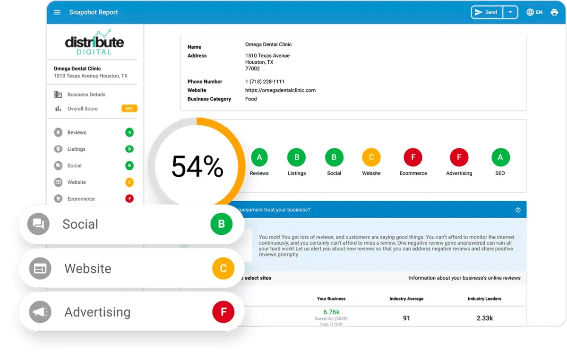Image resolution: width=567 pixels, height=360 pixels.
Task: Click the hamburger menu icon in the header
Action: click(x=57, y=12)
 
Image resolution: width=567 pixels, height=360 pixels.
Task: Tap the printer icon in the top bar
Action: click(x=554, y=12)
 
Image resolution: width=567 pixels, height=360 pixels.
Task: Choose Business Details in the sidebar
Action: click(x=86, y=94)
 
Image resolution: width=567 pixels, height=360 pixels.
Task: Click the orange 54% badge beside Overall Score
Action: click(x=129, y=109)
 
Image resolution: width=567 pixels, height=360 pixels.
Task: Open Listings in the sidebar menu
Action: click(x=76, y=149)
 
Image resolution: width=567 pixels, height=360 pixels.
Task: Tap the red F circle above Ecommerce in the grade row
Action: click(x=413, y=157)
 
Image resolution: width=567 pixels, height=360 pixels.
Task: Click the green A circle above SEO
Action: click(x=500, y=157)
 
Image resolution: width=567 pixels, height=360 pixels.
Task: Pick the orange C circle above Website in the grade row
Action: click(x=371, y=157)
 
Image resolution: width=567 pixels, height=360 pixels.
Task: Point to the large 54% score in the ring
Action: click(x=197, y=167)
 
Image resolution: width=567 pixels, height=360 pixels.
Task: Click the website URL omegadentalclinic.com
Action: click(x=280, y=90)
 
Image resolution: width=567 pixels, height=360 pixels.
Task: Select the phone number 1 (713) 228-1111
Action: click(x=265, y=82)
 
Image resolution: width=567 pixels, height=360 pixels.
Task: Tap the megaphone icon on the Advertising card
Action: click(x=40, y=312)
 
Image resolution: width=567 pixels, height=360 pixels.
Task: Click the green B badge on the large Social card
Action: click(x=222, y=224)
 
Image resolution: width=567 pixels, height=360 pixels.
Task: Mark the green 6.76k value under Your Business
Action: click(x=331, y=312)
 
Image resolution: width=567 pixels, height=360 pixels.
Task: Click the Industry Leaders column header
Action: click(x=484, y=299)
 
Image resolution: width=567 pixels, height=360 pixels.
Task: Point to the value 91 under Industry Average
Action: click(x=406, y=318)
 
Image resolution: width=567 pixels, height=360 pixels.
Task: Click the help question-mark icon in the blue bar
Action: click(x=518, y=210)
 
